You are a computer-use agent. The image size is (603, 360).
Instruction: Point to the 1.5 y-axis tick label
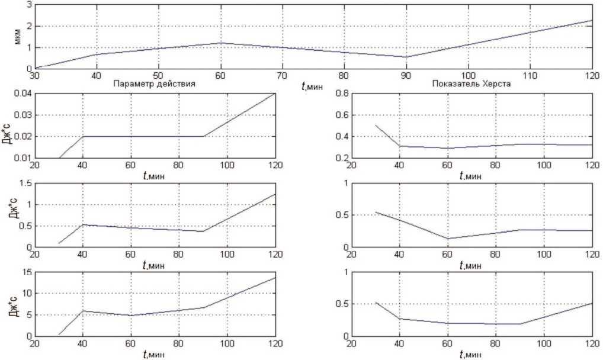(x=24, y=183)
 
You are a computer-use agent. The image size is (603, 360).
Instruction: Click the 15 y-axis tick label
(x=25, y=272)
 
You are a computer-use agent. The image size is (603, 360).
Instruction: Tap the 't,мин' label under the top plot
(x=312, y=86)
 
